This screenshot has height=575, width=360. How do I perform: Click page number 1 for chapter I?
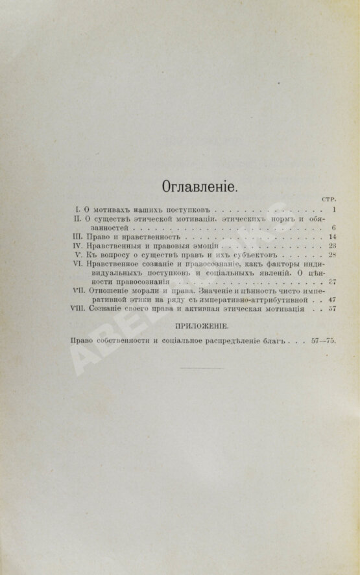point(331,211)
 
